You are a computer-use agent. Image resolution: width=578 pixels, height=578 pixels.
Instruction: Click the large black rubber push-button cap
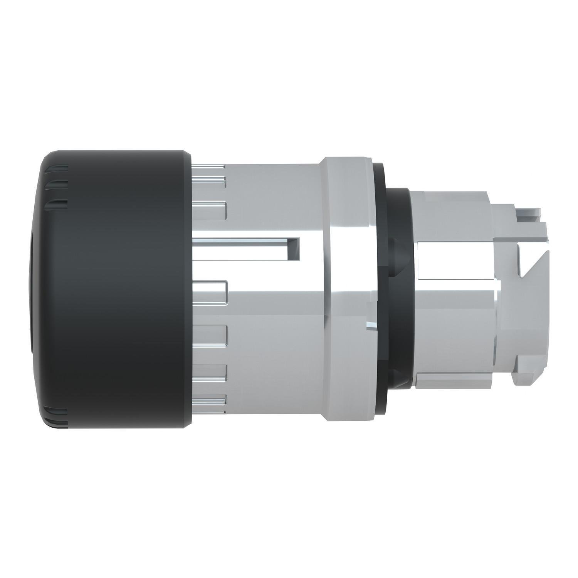pos(116,289)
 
